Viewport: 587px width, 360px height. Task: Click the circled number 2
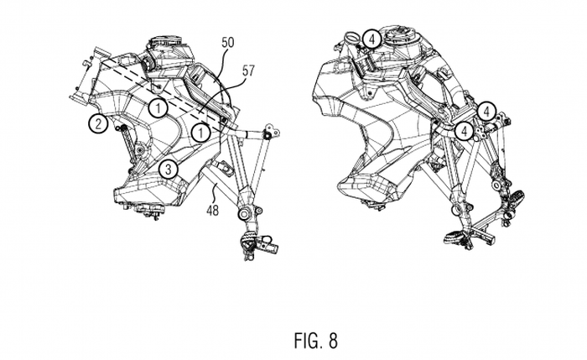98,123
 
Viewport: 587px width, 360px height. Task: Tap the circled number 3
169,170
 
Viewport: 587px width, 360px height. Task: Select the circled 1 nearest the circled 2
158,108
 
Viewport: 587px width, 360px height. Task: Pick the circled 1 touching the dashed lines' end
200,133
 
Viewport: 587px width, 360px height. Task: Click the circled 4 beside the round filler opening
371,39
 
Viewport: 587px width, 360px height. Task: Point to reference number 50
227,42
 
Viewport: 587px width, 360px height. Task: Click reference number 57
248,70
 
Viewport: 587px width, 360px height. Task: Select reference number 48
212,210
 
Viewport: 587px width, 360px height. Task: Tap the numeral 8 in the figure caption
333,341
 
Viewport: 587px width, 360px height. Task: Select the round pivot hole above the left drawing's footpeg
243,214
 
